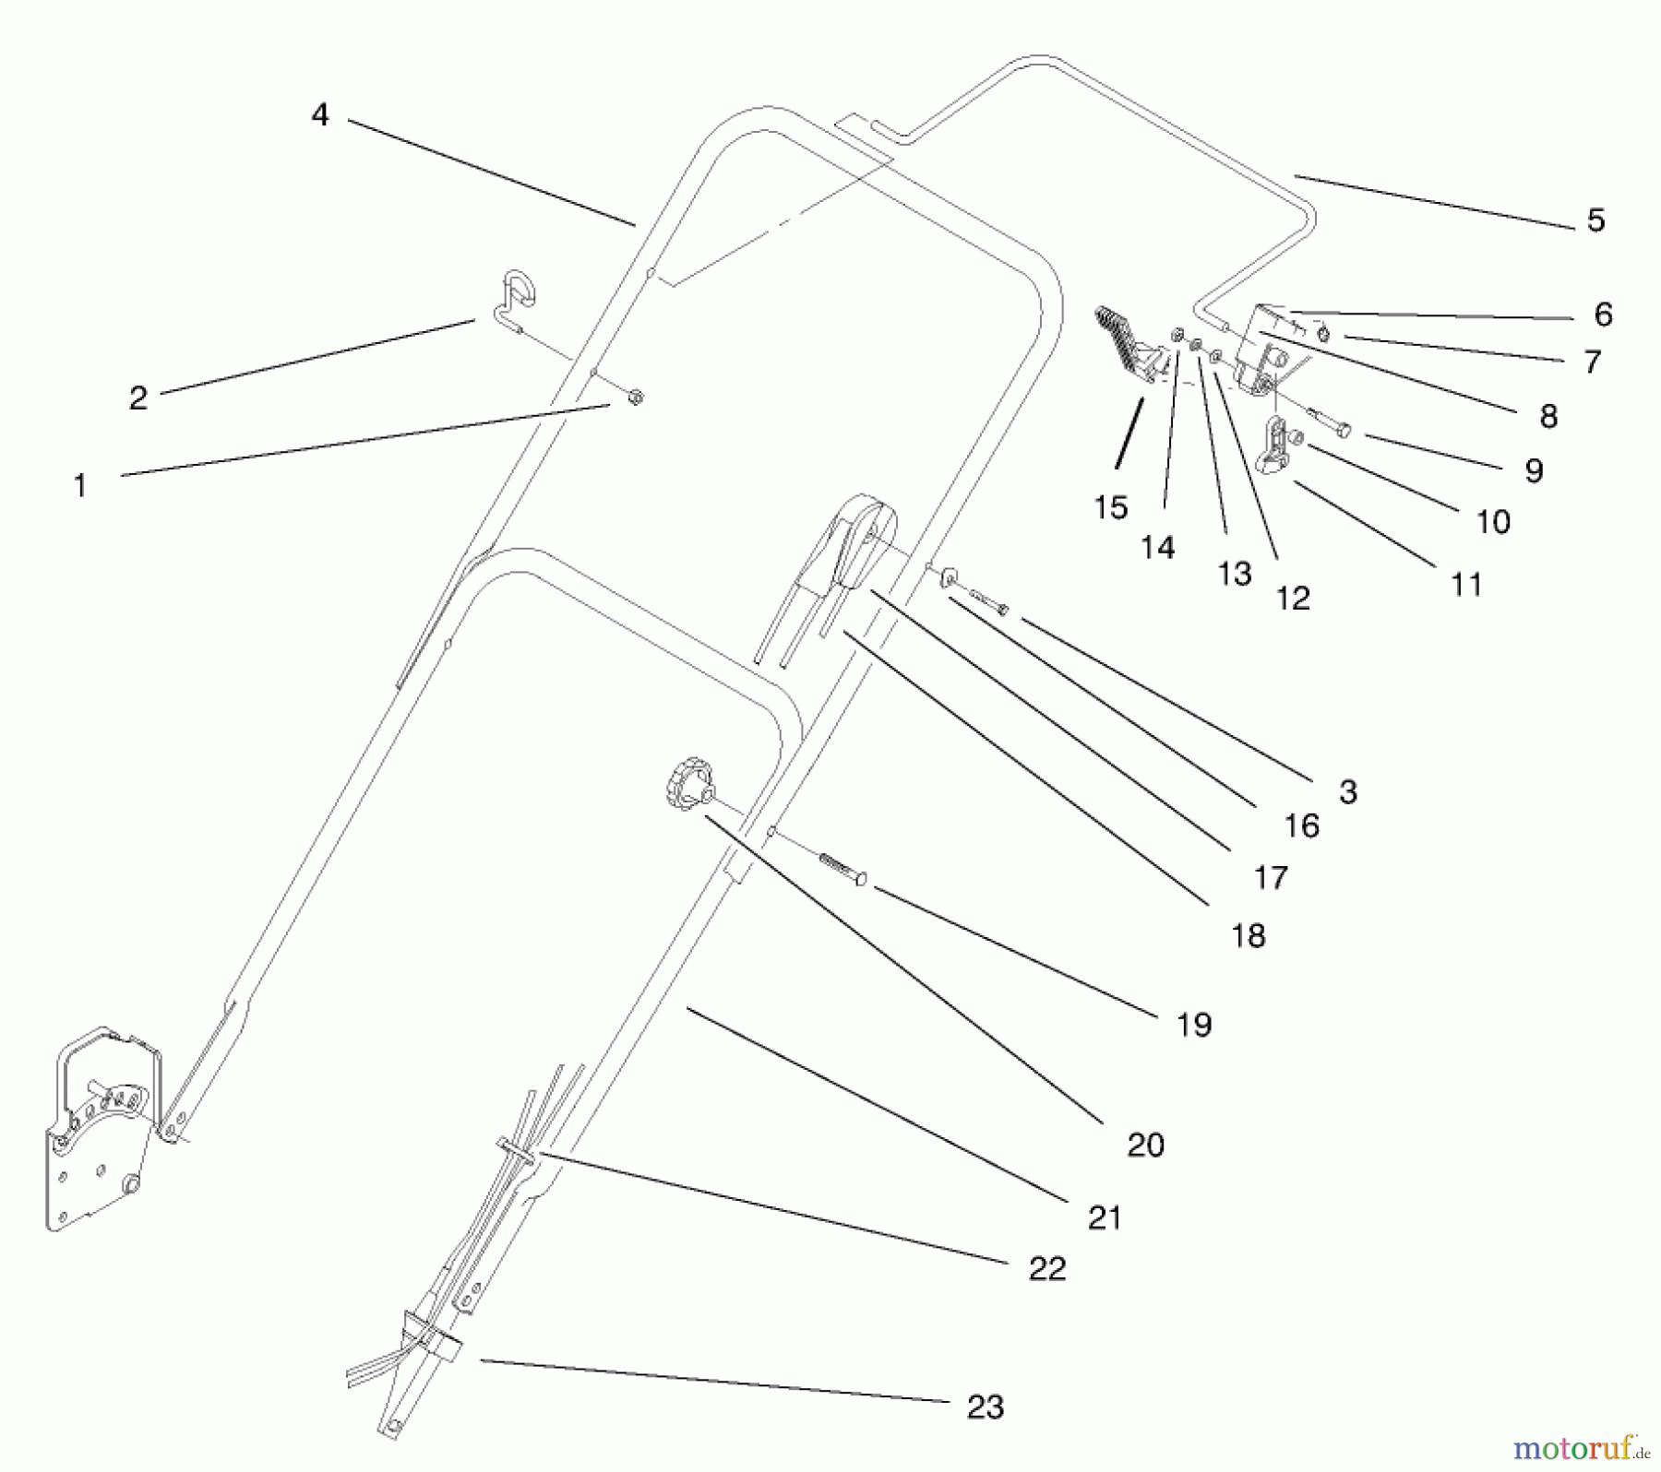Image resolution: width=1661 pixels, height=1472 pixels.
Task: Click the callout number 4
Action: tap(319, 115)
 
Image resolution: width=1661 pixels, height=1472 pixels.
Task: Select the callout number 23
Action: tap(985, 1407)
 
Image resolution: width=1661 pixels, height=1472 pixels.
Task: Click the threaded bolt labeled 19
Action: tap(842, 868)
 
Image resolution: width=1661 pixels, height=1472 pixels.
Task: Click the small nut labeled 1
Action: tap(635, 397)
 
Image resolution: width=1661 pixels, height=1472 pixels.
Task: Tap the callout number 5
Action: tap(1595, 220)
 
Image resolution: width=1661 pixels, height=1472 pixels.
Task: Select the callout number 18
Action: tap(1248, 935)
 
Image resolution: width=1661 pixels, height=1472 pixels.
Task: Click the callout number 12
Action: tap(1293, 599)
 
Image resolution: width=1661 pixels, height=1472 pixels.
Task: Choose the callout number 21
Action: tap(1105, 1217)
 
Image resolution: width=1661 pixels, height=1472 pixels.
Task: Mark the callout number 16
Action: tap(1301, 825)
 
